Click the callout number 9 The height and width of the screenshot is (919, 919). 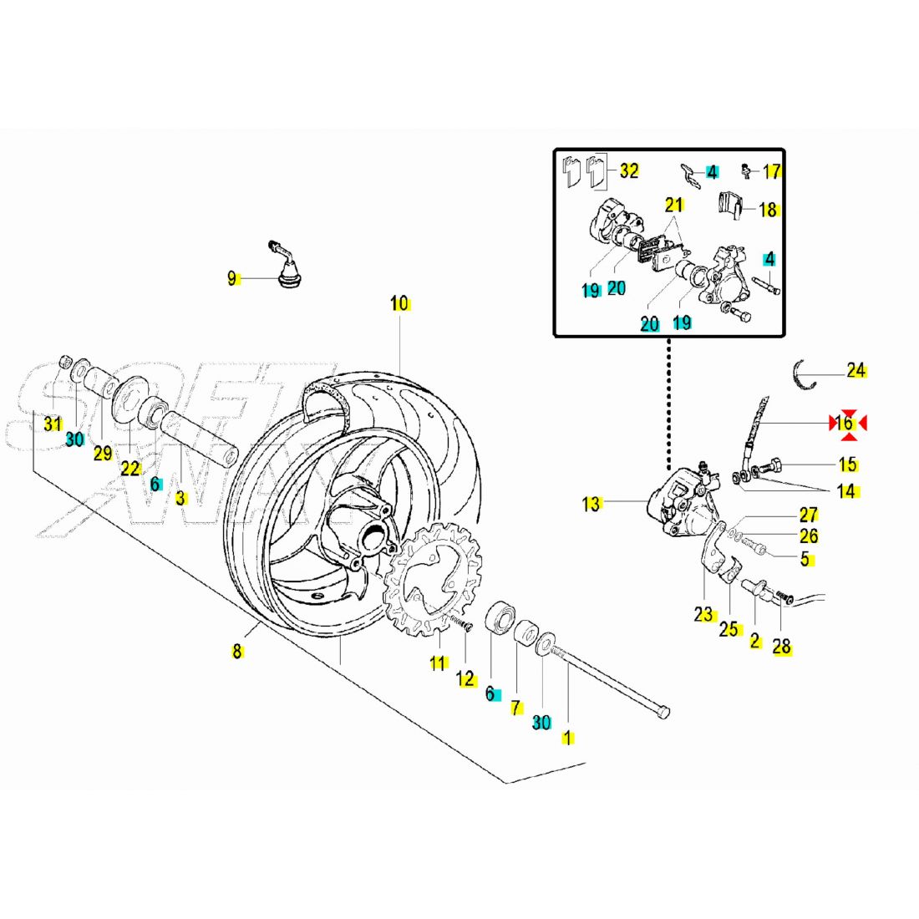click(x=232, y=279)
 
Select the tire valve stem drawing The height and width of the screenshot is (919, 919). click(x=284, y=266)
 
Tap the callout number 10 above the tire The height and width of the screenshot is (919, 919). click(x=399, y=303)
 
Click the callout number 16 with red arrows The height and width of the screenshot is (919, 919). click(x=845, y=424)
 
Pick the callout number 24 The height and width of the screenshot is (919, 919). click(x=856, y=370)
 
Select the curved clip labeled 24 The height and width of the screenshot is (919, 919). click(x=805, y=374)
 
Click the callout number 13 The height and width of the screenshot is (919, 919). click(x=592, y=504)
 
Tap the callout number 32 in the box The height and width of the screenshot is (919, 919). click(x=629, y=170)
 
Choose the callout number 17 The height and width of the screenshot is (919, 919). click(x=772, y=171)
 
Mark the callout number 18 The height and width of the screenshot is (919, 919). click(x=769, y=209)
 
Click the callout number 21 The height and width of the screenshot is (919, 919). click(x=674, y=205)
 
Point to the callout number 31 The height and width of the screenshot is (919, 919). click(x=53, y=424)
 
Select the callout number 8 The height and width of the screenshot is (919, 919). click(x=237, y=652)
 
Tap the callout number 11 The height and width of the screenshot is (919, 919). click(x=438, y=664)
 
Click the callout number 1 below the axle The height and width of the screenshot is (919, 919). click(x=568, y=739)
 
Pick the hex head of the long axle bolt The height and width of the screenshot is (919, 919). click(x=662, y=711)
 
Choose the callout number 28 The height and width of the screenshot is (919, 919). click(x=782, y=647)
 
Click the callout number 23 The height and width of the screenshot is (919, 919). click(x=703, y=615)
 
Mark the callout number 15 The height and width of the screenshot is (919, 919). click(x=847, y=465)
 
